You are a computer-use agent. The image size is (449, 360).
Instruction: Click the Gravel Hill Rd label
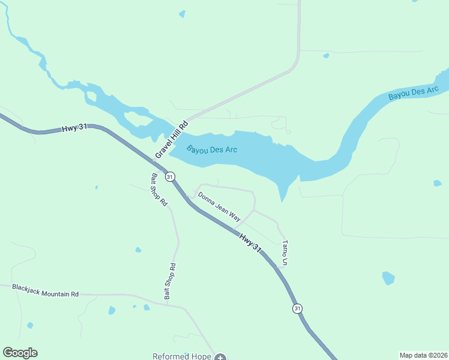tap(172, 139)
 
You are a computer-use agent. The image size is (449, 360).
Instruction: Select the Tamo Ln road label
tap(285, 253)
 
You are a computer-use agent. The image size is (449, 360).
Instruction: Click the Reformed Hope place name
tap(181, 356)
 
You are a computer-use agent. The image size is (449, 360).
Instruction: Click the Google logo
tap(20, 353)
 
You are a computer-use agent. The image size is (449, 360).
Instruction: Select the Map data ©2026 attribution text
tap(423, 355)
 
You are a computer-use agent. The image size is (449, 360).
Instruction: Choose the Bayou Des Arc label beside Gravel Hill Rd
tap(212, 149)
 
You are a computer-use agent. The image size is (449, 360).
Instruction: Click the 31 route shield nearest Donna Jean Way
tap(170, 176)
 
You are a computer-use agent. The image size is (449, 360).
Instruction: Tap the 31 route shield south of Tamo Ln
tap(297, 308)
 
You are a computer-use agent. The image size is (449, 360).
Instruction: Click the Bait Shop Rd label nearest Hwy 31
tap(158, 190)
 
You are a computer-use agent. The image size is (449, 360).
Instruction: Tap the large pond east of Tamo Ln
tap(388, 278)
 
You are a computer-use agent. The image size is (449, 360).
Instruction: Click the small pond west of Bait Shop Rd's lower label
tap(111, 310)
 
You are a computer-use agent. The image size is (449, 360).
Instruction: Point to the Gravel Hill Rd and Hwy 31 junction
tap(154, 160)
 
